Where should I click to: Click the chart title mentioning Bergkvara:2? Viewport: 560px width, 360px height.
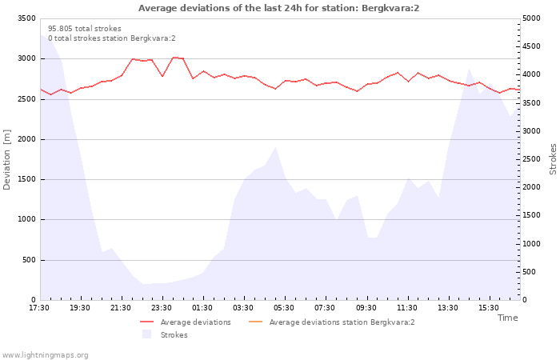pos(278,8)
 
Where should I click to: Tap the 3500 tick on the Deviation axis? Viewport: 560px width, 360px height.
pos(26,18)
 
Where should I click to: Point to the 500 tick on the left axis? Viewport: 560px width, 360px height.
pos(29,260)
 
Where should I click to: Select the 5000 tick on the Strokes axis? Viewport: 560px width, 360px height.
pos(531,18)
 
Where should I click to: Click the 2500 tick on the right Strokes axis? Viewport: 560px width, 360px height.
pos(531,159)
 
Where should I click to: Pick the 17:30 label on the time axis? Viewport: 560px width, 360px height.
pos(39,308)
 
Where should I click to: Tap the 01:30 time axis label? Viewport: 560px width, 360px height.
pos(202,308)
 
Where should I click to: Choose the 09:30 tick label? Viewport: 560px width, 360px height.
pos(366,308)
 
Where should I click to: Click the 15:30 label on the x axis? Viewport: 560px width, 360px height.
pos(489,308)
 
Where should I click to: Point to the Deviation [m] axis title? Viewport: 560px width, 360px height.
pos(6,159)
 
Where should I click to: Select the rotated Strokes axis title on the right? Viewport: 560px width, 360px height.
pos(553,159)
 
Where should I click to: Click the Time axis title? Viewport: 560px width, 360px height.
pos(507,318)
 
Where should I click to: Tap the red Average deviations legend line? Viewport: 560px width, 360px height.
pos(146,322)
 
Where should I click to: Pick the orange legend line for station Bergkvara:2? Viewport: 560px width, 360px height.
pos(255,322)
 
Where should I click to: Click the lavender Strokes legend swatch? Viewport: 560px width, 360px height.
pos(146,334)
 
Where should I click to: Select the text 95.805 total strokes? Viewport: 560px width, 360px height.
pos(85,29)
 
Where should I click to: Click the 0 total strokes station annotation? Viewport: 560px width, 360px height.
pos(112,38)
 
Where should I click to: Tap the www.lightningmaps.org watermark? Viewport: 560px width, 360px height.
pos(44,355)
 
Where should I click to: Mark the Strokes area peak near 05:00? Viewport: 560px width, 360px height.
pos(275,146)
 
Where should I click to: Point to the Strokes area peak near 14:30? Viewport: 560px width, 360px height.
pos(469,69)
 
